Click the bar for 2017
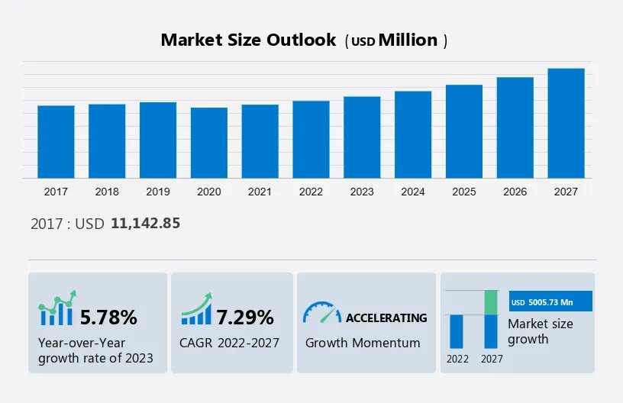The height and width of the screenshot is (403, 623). pos(56,142)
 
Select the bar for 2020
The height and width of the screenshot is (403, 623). pos(209,143)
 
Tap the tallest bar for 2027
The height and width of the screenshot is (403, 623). pos(566,123)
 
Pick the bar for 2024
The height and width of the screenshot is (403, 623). pos(413,134)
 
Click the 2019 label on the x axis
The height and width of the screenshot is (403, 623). pos(158,192)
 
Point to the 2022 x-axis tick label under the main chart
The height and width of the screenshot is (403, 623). pos(311,192)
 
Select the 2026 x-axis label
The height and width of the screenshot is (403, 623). pos(515,192)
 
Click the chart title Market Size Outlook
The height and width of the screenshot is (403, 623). pos(248,40)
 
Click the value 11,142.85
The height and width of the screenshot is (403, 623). pos(145,224)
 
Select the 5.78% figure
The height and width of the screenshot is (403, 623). pos(108,317)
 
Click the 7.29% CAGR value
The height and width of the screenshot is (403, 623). pos(245,317)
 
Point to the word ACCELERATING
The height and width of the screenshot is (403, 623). pos(386,318)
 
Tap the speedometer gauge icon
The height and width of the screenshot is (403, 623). pos(321,313)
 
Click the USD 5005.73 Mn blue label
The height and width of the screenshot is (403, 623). pos(550,302)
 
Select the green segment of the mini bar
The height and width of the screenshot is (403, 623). pos(492,302)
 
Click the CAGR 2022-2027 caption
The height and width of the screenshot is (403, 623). pos(230,343)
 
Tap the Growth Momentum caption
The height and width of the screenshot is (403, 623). pos(363,343)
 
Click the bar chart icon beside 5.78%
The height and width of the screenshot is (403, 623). pos(57,308)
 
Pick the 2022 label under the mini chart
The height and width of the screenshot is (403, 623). pos(457,359)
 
